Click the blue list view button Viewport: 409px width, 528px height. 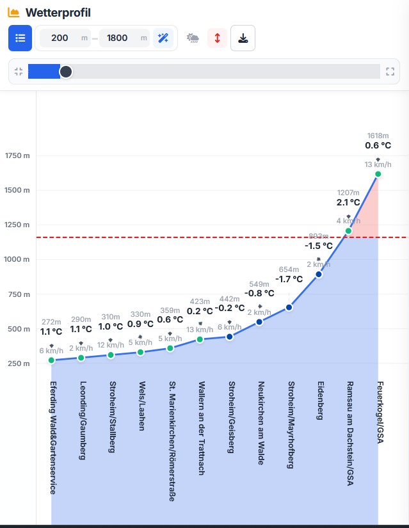(20, 38)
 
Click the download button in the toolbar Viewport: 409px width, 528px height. (243, 38)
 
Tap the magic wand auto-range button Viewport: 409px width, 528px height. (163, 38)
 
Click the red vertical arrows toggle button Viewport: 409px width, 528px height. (217, 38)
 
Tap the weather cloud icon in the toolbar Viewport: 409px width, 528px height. (193, 38)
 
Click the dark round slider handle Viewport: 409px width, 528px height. (66, 72)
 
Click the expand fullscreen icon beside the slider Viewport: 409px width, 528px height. (390, 72)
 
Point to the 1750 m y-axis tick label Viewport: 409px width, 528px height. (17, 156)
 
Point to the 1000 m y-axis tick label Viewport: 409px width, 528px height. (17, 260)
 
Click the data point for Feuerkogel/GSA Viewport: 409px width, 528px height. (378, 174)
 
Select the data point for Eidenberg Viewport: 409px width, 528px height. (319, 275)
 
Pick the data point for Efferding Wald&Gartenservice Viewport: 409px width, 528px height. (51, 360)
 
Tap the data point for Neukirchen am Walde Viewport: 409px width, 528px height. (259, 322)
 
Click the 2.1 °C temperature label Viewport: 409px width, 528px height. (348, 202)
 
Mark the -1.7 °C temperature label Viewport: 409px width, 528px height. (289, 279)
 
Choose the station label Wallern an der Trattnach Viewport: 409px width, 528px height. (201, 428)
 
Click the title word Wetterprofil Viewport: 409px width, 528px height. (58, 13)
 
